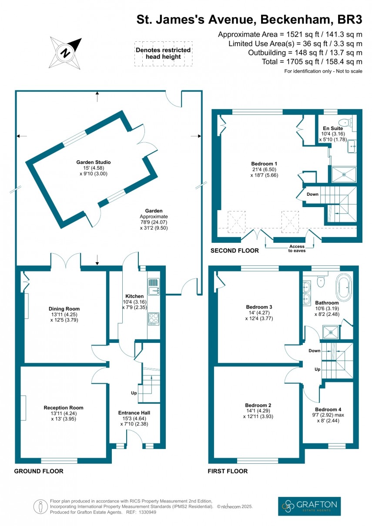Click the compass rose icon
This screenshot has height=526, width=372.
pos(66,53)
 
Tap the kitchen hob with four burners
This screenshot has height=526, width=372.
pos(154,318)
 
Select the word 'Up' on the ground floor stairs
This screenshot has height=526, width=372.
pos(134,392)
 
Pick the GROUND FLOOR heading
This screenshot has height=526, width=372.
pos(39,471)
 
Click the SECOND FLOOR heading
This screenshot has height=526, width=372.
pos(235,251)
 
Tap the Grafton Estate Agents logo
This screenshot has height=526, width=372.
pos(309,506)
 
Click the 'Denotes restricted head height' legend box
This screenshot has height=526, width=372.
pos(163,54)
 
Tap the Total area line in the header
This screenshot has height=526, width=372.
pos(312,62)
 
